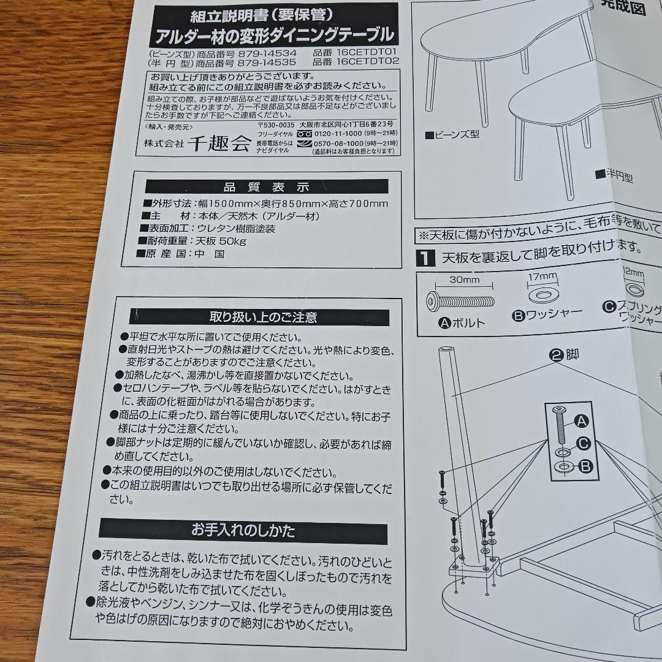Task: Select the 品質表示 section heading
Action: coord(267,187)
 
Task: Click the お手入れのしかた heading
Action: coord(243,529)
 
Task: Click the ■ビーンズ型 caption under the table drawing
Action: coord(452,134)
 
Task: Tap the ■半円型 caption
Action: coord(613,176)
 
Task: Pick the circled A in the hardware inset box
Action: coord(580,420)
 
